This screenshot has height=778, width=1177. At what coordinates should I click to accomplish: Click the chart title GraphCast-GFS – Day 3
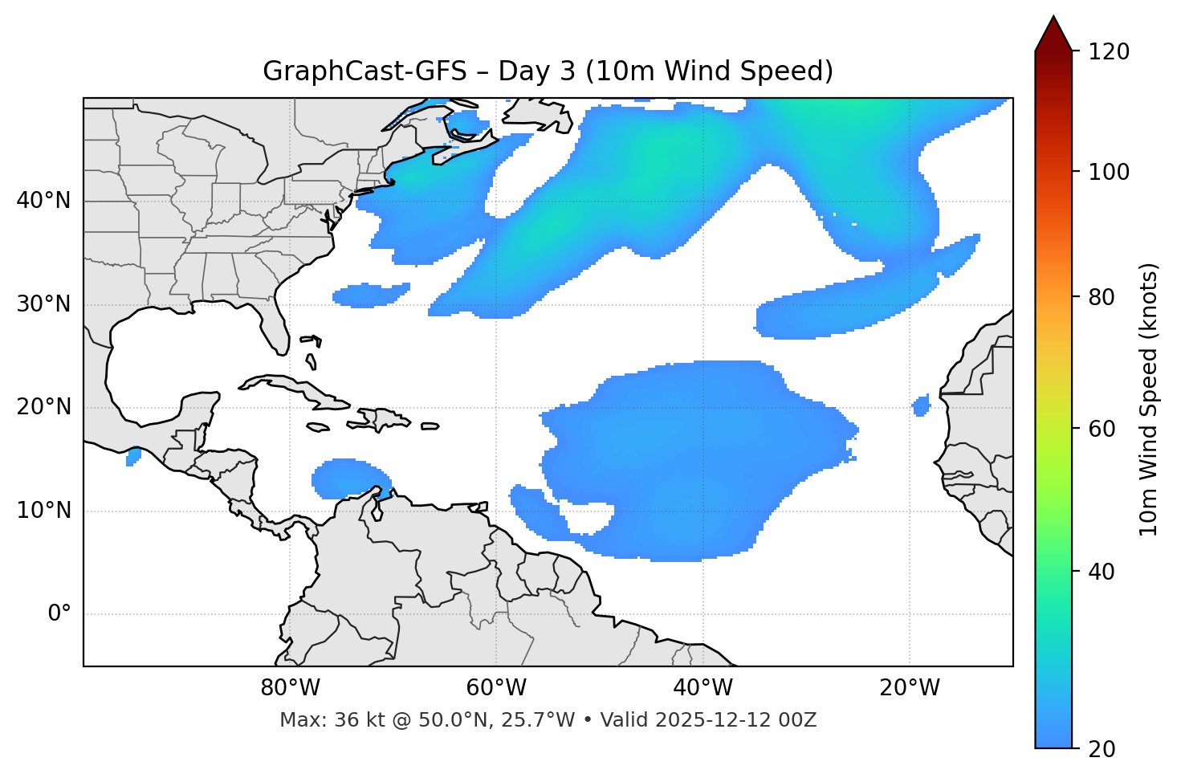click(548, 71)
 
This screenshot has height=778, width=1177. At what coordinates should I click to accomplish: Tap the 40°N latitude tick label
click(43, 201)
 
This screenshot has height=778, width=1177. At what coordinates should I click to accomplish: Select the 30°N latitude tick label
click(43, 304)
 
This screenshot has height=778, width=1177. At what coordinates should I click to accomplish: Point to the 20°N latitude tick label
click(43, 407)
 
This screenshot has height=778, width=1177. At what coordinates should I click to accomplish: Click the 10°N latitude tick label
click(43, 511)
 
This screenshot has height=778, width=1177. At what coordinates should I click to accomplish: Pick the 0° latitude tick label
click(59, 614)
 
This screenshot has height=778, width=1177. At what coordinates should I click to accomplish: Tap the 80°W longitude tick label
click(290, 688)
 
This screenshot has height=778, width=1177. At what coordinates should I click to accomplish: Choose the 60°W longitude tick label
click(496, 688)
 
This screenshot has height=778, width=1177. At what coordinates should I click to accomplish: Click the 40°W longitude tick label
click(703, 688)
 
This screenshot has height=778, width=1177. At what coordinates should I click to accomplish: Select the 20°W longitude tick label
click(909, 688)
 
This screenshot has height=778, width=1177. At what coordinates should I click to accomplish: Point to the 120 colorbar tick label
click(1110, 52)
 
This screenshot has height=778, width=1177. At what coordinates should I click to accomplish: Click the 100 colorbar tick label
click(1110, 172)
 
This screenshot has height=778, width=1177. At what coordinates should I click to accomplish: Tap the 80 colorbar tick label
click(1105, 297)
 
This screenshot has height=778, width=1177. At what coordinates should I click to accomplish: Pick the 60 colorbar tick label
click(1105, 429)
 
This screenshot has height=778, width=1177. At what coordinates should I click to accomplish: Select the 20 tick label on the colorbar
click(1105, 749)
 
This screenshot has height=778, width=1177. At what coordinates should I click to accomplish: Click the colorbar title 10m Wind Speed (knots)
click(1149, 399)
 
